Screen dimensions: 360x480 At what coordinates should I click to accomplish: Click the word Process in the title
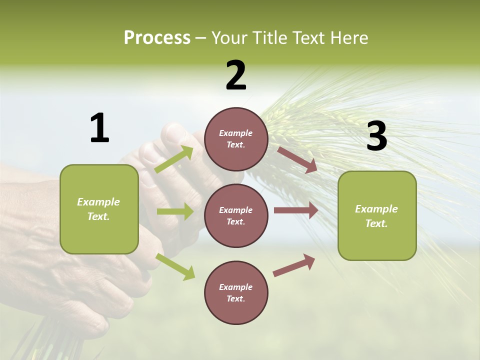157,37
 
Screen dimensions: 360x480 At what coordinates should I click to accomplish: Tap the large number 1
99,128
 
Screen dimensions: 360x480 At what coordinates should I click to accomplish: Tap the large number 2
236,75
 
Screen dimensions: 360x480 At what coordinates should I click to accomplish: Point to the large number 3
376,136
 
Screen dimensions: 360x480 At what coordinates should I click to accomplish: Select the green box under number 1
99,209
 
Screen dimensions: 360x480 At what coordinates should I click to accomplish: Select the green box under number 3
377,215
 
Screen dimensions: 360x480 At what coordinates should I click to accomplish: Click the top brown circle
236,139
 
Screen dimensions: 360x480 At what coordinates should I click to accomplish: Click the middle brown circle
236,215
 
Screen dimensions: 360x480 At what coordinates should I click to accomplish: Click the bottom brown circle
236,292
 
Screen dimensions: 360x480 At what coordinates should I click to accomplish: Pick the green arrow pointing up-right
174,159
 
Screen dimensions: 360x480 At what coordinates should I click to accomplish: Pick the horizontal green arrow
175,211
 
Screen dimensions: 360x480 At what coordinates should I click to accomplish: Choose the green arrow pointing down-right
175,266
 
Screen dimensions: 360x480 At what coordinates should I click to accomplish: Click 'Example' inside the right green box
376,209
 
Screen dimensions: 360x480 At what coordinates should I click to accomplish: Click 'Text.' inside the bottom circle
235,298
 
